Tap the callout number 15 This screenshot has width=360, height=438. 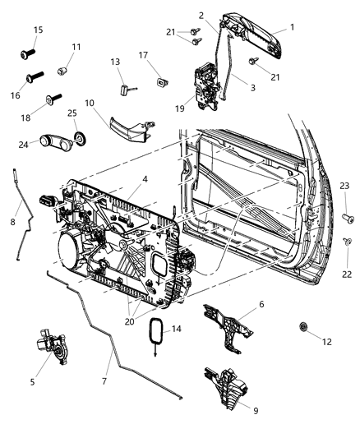37,30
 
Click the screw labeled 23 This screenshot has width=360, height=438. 348,218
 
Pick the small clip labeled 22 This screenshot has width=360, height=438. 348,242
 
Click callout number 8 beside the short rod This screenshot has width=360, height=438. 12,220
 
